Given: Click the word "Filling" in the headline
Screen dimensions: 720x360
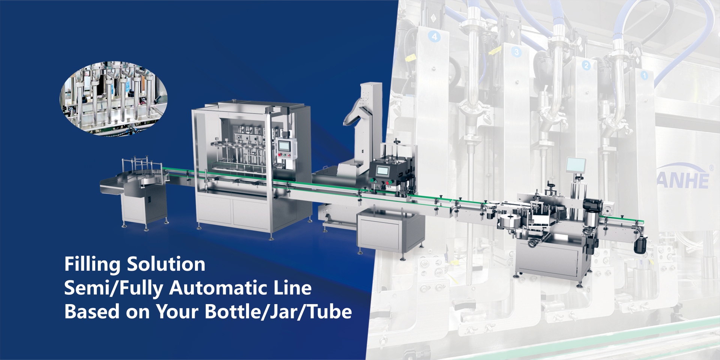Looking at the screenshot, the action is [x=92, y=264].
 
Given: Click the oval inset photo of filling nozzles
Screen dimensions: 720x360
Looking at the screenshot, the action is [x=114, y=99].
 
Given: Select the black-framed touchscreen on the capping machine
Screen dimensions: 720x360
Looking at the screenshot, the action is [x=382, y=171].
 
